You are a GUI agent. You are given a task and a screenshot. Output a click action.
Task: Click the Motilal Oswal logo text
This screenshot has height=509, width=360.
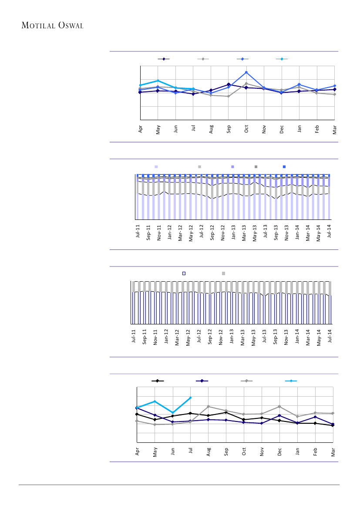[53, 25]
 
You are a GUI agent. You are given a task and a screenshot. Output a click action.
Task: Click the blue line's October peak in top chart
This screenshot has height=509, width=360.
[246, 72]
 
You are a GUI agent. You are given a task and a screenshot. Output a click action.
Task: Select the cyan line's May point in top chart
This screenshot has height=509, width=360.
[158, 81]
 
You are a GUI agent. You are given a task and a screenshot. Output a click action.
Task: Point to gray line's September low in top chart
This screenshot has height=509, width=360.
[229, 96]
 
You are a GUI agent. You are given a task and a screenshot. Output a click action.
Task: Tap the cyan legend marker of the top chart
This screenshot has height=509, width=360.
[282, 59]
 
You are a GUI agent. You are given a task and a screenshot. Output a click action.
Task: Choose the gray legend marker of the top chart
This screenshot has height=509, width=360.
[203, 59]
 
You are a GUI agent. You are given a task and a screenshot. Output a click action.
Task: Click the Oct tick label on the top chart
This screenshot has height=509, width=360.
[246, 129]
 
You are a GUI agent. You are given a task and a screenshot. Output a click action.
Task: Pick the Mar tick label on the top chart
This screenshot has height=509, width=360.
[335, 129]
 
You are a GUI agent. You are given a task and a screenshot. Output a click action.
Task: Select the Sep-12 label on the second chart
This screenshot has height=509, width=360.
[212, 233]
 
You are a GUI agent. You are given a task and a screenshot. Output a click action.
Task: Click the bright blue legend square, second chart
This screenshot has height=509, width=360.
[284, 167]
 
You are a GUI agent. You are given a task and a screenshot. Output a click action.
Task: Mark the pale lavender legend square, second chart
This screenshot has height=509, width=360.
[156, 167]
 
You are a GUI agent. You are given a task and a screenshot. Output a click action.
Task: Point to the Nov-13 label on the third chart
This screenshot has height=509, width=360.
[286, 337]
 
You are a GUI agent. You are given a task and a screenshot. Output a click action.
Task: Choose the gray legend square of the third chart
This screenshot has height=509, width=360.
[224, 273]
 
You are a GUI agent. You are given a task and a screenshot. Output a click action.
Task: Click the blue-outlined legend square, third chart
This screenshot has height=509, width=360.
[184, 273]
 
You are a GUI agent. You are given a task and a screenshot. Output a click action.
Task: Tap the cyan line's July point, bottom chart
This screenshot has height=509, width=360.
[191, 398]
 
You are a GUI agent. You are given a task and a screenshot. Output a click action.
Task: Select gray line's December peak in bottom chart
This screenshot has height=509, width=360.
[279, 406]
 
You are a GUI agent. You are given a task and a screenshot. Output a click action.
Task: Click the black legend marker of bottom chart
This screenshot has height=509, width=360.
[158, 381]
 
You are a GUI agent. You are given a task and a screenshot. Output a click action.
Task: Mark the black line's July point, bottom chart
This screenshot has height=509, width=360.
[191, 413]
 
